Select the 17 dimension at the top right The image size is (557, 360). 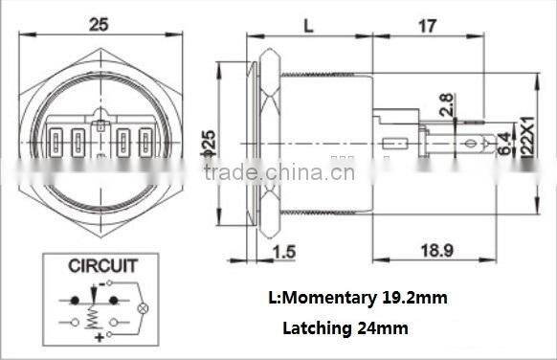point(428,25)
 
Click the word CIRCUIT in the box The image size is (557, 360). point(102,265)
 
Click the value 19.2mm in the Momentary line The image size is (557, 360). point(413,298)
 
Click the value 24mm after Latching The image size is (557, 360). point(384,328)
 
